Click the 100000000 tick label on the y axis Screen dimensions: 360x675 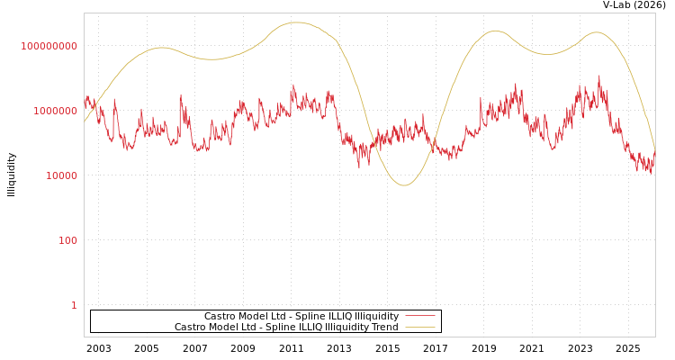pos(49,46)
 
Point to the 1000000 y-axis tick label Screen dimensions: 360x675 pos(56,111)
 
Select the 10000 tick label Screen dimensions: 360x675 pos(62,175)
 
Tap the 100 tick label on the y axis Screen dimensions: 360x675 pos(68,240)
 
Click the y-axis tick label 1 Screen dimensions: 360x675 pos(74,305)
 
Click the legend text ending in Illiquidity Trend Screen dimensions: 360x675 pos(286,327)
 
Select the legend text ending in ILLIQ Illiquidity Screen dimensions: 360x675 pos(301,316)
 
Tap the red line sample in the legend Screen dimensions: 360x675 pos(419,316)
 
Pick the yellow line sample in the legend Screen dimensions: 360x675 pos(419,327)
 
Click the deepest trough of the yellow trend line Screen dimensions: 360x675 pos(404,185)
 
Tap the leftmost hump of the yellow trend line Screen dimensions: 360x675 pos(161,48)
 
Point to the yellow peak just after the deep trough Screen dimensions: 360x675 pos(495,31)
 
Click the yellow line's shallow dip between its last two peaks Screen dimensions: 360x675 pos(548,54)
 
